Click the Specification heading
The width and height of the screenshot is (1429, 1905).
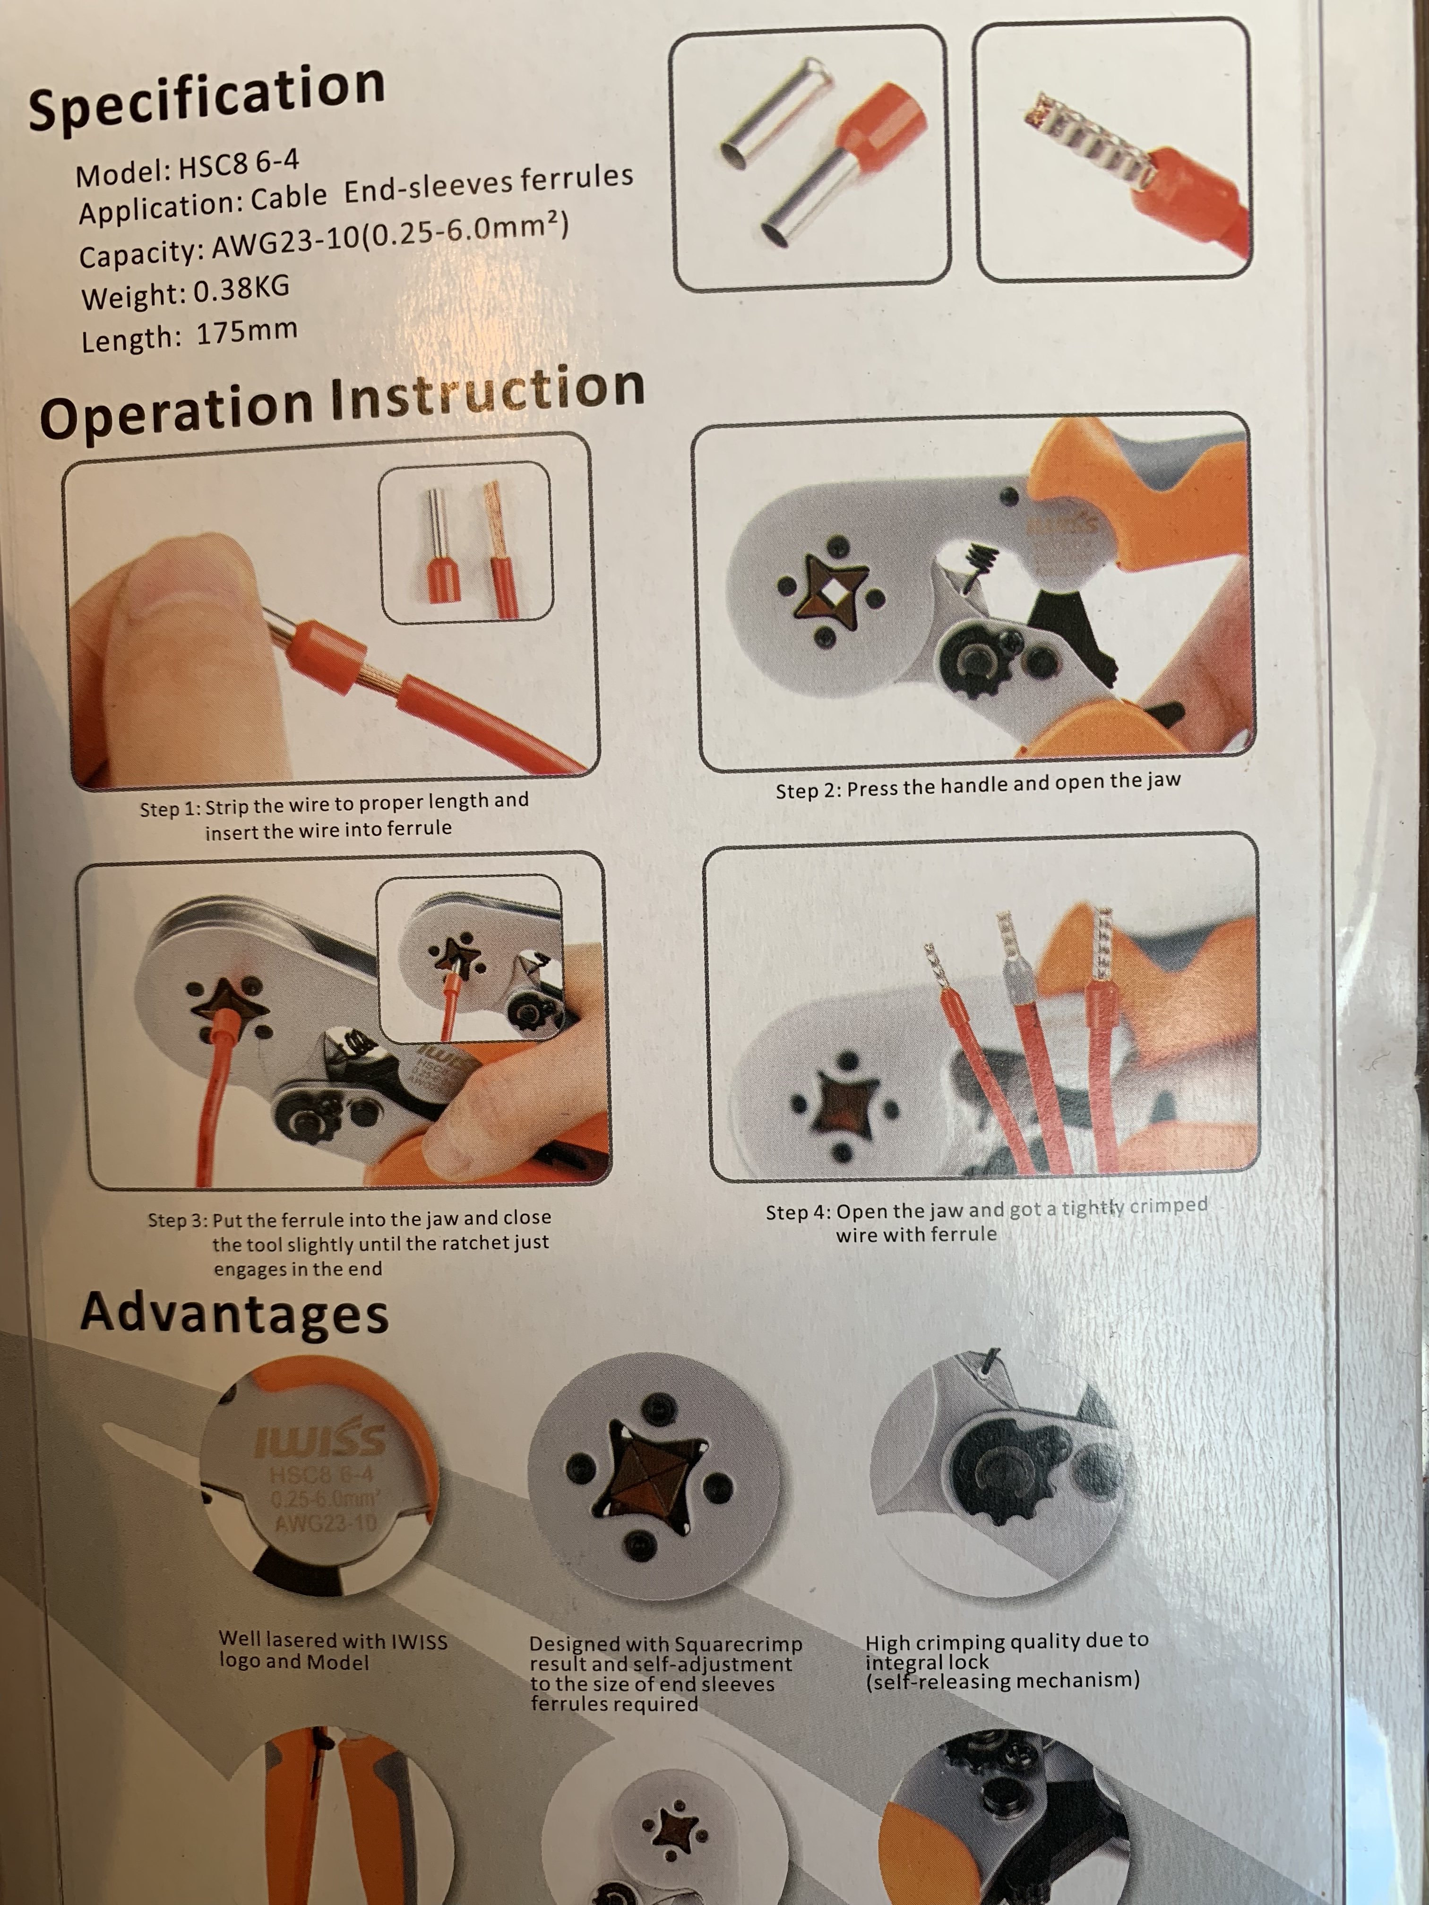tap(207, 96)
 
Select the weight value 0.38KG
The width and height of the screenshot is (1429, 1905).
tap(241, 289)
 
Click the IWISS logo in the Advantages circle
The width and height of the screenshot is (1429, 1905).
tap(320, 1441)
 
